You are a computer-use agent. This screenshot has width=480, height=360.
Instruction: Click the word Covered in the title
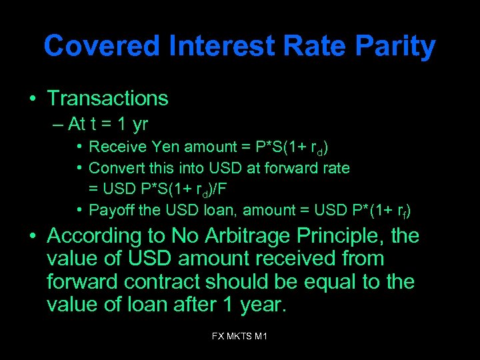102,47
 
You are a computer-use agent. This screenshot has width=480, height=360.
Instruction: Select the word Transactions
107,99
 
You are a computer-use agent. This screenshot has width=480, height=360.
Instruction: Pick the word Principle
346,236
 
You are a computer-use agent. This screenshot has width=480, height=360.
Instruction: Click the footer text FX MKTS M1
239,337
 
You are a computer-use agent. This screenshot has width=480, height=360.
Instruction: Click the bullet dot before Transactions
32,99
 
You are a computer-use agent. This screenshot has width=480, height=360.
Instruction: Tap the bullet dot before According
32,237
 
